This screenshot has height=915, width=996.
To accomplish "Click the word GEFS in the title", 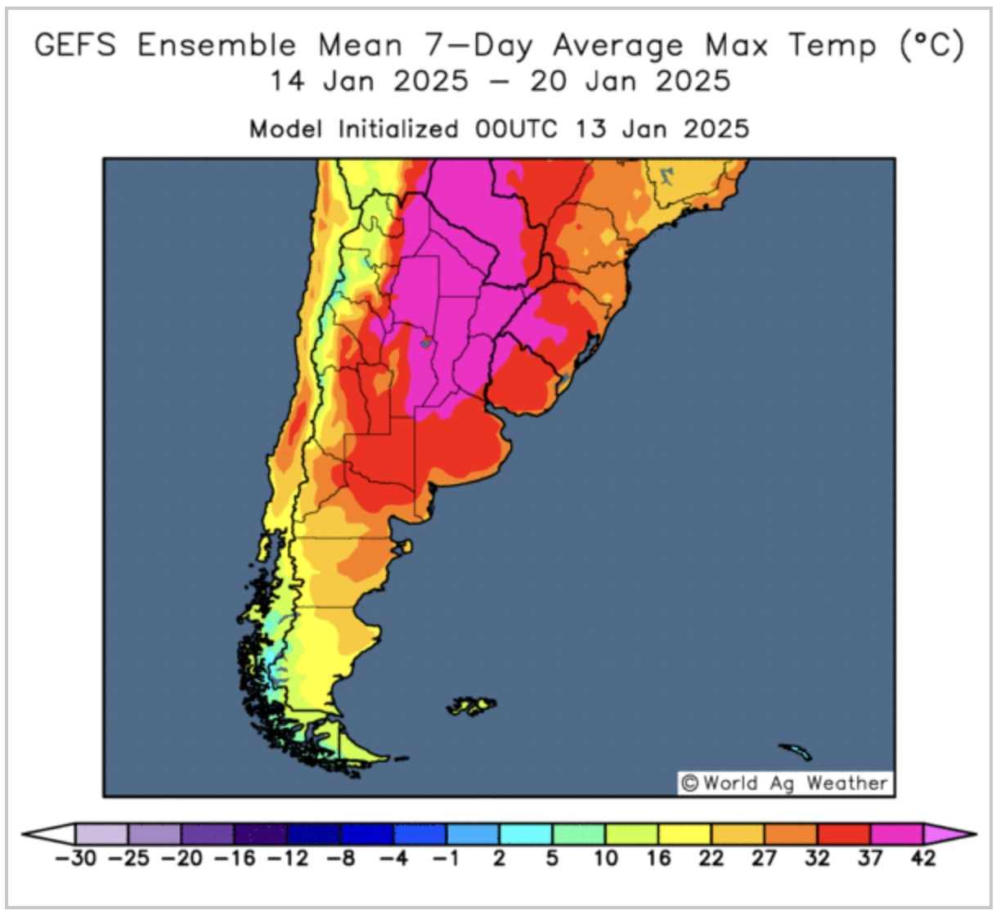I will (75, 45).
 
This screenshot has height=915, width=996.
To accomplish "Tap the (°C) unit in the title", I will (931, 45).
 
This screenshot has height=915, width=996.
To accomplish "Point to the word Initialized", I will (398, 129).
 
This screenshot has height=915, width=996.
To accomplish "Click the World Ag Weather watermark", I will (786, 783).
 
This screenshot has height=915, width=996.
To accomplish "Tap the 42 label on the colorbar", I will (922, 859).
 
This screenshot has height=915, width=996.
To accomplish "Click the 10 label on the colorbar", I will (605, 859).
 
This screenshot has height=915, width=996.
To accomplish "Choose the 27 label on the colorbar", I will (764, 859).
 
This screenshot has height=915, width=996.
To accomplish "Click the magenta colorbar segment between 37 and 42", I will (896, 834).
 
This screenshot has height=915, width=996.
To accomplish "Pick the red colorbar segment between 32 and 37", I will (843, 834).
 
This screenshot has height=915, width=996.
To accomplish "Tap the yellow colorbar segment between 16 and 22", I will (684, 834).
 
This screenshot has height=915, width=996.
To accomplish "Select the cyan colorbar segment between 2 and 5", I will (526, 834).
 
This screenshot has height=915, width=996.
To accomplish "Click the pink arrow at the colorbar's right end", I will (949, 834).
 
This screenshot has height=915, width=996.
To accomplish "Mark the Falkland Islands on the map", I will (473, 705).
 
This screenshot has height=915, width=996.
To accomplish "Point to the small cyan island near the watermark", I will (796, 751).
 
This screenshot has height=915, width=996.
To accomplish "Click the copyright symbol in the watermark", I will (690, 783).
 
